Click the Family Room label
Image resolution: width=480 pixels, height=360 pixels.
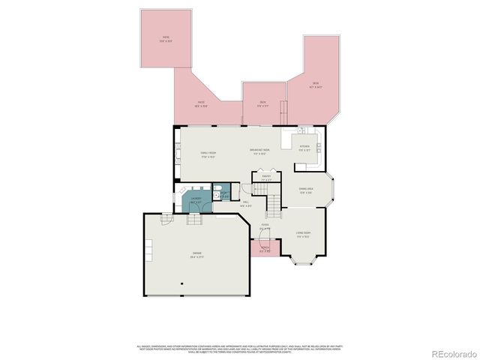[208, 155]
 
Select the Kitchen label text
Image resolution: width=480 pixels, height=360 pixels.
[304, 148]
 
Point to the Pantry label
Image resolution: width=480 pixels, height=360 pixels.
[266, 178]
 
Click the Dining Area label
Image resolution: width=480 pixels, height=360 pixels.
[306, 191]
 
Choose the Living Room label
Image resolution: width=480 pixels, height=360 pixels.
[303, 235]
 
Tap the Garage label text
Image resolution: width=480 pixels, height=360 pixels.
[197, 256]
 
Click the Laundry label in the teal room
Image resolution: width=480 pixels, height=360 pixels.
[196, 200]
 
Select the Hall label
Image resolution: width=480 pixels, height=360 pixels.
[246, 202]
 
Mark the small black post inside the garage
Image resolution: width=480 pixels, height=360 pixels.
[181, 284]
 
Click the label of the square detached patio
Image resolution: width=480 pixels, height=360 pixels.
[166, 39]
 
